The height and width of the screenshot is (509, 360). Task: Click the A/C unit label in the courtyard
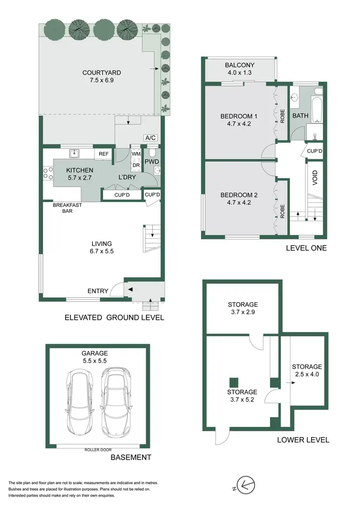point(150,138)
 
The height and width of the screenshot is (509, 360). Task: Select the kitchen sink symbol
point(74,154)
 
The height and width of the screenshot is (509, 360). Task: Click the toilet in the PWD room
point(153,153)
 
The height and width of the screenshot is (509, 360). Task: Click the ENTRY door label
point(98,291)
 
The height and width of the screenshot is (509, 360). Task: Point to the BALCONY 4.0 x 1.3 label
point(240,69)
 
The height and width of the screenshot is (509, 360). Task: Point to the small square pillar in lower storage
point(233,382)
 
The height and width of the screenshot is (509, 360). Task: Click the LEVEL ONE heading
point(306,248)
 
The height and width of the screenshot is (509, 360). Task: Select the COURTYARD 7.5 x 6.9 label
point(101,77)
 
